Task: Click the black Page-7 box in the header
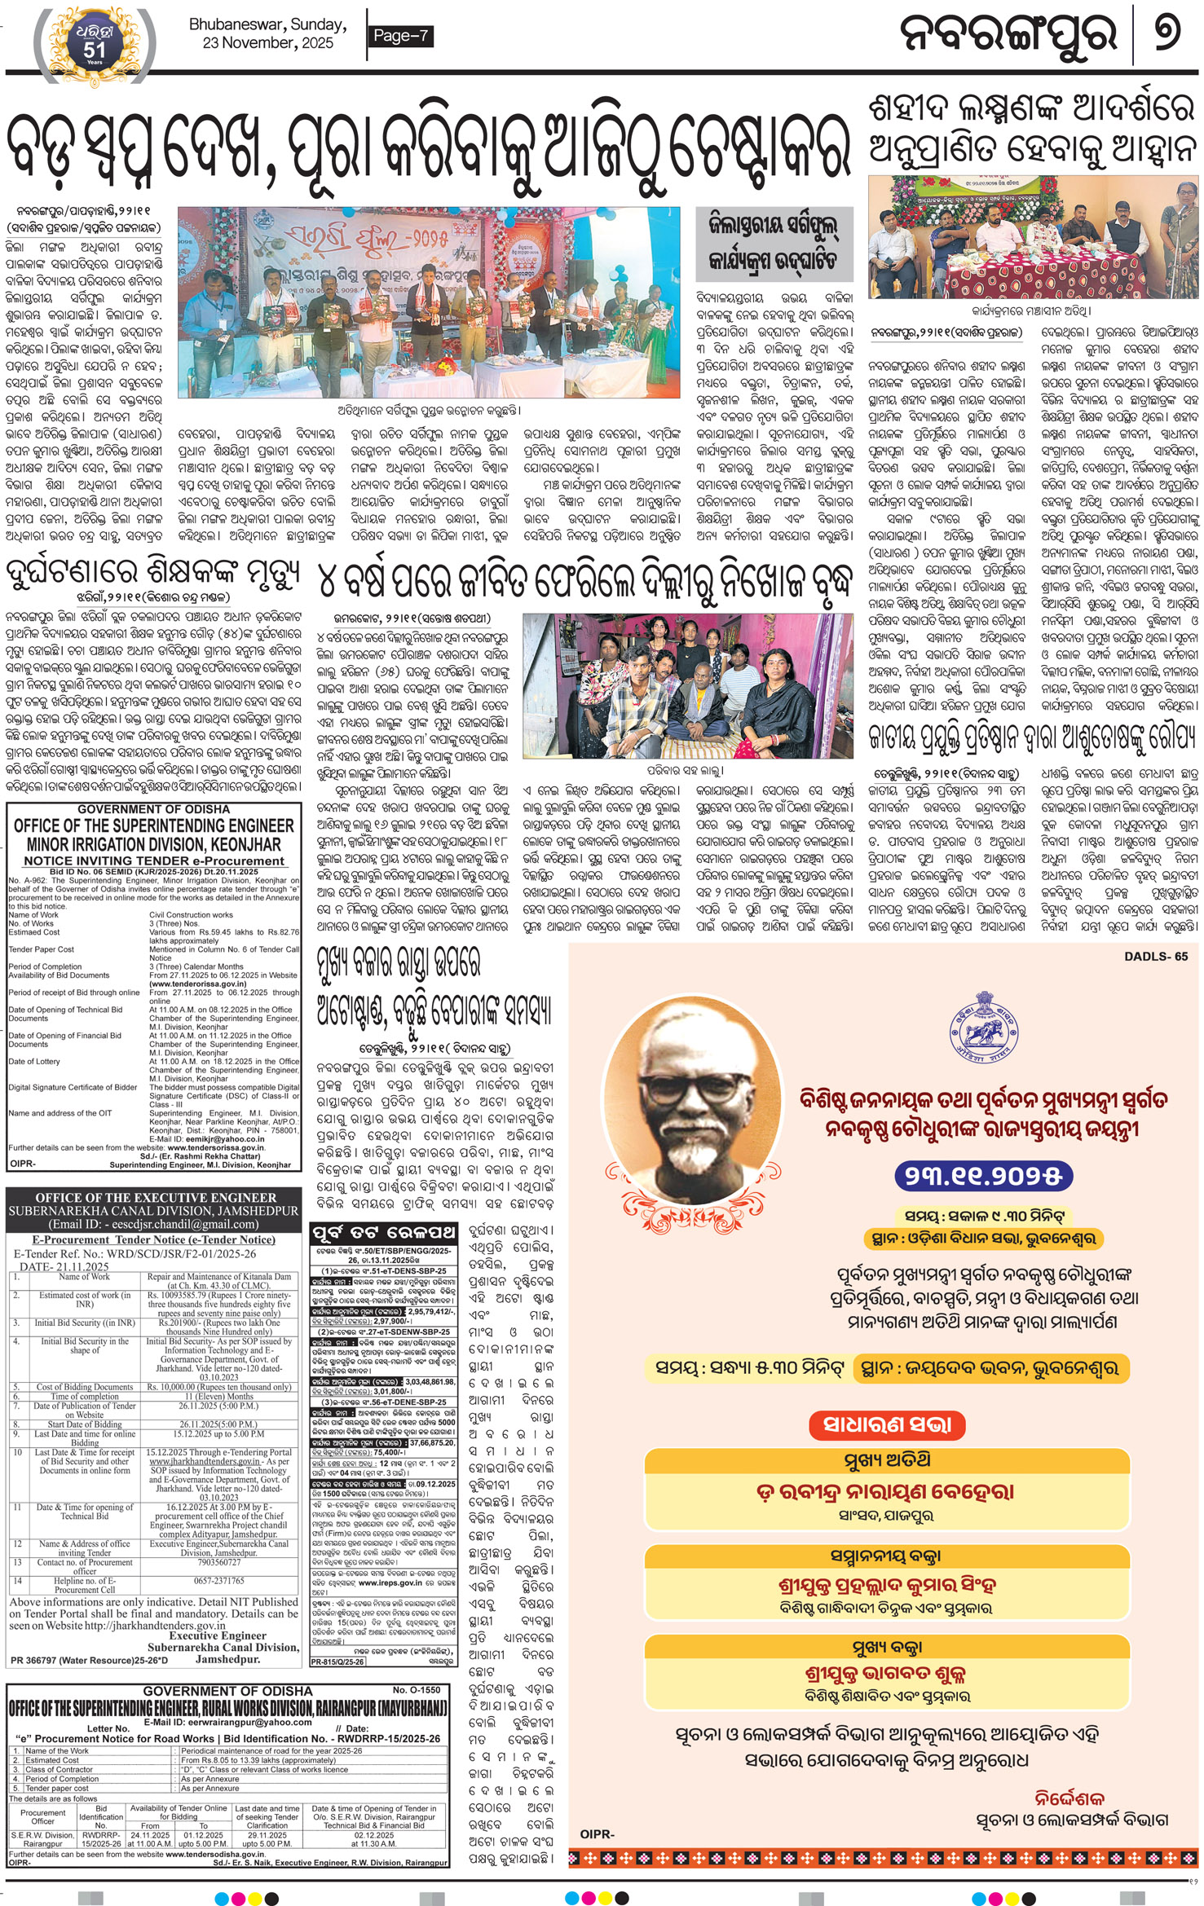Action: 399,36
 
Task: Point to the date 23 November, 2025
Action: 268,43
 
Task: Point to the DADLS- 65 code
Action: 1155,957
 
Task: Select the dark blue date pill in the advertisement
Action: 984,1175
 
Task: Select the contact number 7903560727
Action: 218,1562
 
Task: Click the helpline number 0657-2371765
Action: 218,1580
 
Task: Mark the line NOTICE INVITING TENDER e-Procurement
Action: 154,861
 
